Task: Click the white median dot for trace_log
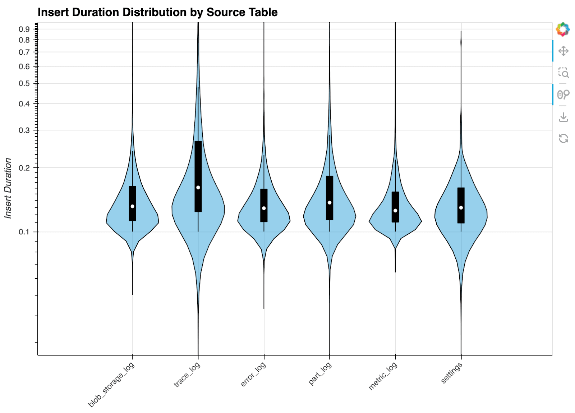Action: pos(198,188)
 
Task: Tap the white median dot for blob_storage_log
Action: pos(132,206)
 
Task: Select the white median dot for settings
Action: pos(461,208)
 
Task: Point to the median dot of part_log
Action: pos(330,203)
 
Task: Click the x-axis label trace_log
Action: pos(187,375)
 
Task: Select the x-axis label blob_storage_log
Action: pos(111,385)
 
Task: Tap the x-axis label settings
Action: pos(452,373)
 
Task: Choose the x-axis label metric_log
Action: pos(383,376)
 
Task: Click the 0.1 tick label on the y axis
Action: pos(24,232)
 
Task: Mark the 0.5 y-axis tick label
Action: pos(24,84)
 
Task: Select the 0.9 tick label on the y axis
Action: pos(24,29)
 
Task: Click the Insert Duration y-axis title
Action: pos(8,188)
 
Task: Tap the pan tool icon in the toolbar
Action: pos(563,51)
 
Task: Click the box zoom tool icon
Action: pos(563,73)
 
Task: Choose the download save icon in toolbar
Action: pos(563,117)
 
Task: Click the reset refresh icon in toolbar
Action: pos(563,138)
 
